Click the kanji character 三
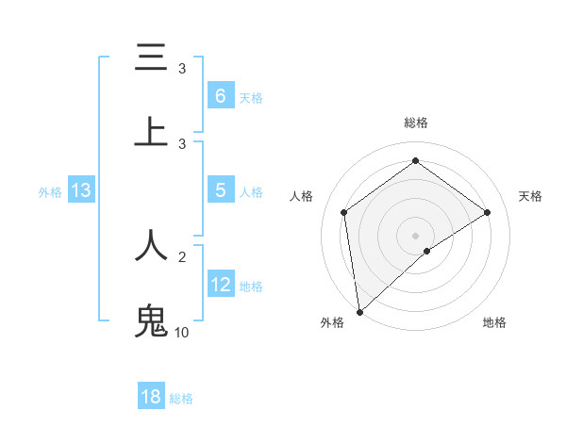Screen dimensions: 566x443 click(x=151, y=57)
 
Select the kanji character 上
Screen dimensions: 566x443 click(x=151, y=132)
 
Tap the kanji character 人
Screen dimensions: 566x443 click(x=151, y=245)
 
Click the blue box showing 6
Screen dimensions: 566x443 click(x=220, y=95)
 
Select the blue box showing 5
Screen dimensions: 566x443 click(x=220, y=190)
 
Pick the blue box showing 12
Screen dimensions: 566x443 click(x=221, y=285)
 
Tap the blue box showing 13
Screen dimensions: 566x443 click(x=81, y=190)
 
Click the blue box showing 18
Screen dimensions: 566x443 click(x=151, y=397)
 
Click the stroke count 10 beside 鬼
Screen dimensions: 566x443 click(x=182, y=333)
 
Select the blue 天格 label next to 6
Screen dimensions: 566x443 click(x=251, y=97)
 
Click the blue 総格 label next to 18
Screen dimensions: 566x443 click(x=181, y=399)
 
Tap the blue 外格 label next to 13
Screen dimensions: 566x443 click(x=50, y=191)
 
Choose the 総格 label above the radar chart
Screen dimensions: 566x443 click(x=415, y=123)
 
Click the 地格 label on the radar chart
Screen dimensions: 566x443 click(x=494, y=322)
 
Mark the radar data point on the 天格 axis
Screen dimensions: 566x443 click(x=487, y=212)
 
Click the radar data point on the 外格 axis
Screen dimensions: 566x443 click(x=359, y=311)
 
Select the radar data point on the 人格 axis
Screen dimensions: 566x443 click(x=344, y=212)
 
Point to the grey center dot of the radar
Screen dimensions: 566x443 click(x=415, y=235)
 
